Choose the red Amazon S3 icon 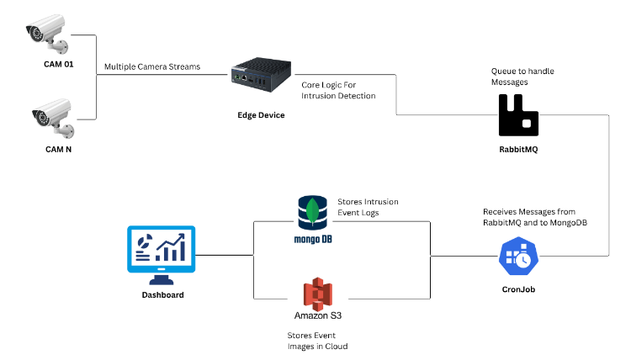click(x=318, y=293)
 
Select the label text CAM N click(x=61, y=150)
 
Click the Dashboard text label click(x=161, y=295)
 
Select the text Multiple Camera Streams click(x=151, y=66)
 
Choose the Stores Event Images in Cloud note click(x=318, y=340)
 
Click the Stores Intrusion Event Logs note click(x=368, y=208)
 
